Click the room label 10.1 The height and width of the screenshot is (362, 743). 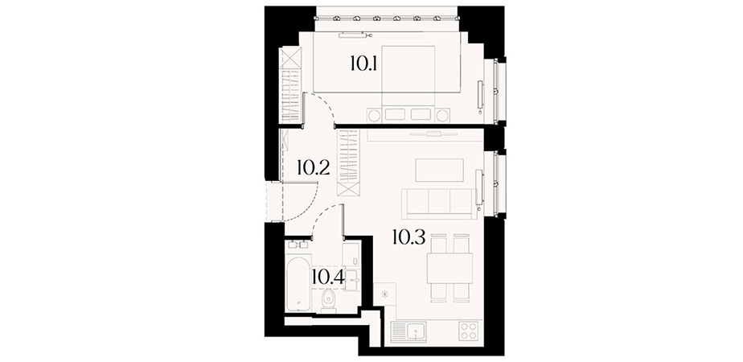pos(363,63)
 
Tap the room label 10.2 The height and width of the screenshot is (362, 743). pos(314,168)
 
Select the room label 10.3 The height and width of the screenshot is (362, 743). pos(408,237)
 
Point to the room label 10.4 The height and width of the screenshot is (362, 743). pos(328,278)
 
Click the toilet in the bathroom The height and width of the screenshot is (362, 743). pos(328,300)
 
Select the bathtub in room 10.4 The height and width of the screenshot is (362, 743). pos(298,282)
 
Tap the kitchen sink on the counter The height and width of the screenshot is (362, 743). pos(408,331)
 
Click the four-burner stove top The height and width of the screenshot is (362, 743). pos(470,331)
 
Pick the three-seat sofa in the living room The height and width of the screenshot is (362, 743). pos(439,204)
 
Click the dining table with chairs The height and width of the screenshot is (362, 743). pos(449,268)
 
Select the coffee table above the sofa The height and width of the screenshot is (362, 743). pos(439,170)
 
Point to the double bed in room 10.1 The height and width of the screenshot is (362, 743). pos(408,82)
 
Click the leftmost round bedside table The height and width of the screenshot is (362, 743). pos(374,116)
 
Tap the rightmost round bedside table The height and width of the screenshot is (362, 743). pos(442,116)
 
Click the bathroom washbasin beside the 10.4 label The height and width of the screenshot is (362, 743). pos(351,281)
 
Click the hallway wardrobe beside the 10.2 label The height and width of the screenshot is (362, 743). pos(348,163)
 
